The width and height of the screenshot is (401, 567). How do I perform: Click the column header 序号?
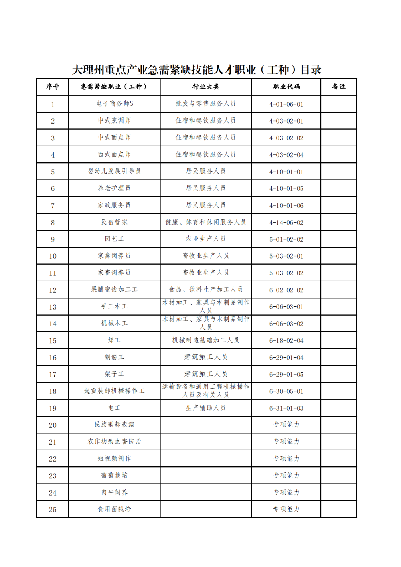53,87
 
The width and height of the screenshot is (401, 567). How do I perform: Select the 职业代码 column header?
286,87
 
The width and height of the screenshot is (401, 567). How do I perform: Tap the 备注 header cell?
339,87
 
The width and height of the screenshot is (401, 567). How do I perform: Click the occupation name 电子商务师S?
114,104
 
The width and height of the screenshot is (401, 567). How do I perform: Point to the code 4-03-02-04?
286,155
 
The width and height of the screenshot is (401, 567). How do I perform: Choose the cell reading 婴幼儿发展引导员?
114,172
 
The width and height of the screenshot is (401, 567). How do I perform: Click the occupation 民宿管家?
114,222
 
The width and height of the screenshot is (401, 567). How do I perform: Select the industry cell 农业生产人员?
206,239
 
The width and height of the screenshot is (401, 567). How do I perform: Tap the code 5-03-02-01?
286,256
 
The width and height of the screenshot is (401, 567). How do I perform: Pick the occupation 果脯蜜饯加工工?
114,290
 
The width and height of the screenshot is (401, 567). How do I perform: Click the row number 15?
53,341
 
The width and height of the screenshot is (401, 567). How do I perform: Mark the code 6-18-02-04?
286,341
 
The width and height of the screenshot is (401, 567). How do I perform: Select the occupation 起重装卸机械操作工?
114,391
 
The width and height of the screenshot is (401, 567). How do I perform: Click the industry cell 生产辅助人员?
206,408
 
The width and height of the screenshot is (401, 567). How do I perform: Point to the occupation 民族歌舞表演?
114,425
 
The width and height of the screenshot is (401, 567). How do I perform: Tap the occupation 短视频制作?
114,458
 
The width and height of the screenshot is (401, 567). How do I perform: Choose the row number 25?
53,510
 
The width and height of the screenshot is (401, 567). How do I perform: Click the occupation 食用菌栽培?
114,509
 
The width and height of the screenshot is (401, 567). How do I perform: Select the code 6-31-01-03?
286,409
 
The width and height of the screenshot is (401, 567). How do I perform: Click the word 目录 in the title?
311,70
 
